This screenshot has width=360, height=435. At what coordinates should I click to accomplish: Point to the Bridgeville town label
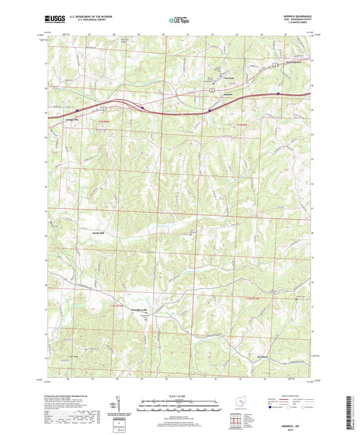[x=72, y=119]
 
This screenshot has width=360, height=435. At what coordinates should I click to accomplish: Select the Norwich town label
[x=229, y=78]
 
